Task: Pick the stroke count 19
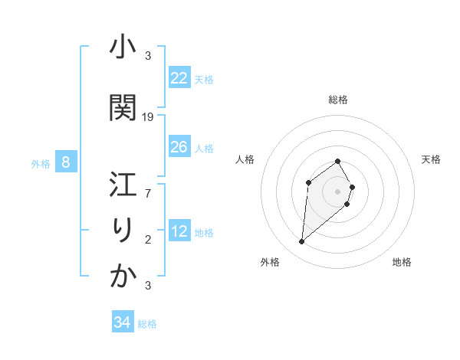pyautogui.click(x=149, y=117)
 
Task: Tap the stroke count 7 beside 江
pyautogui.click(x=149, y=194)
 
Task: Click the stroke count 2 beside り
pyautogui.click(x=149, y=240)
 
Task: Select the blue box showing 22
pyautogui.click(x=179, y=78)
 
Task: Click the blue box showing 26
pyautogui.click(x=179, y=147)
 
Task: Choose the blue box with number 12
pyautogui.click(x=179, y=231)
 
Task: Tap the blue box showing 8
pyautogui.click(x=66, y=162)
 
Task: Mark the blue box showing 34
pyautogui.click(x=122, y=322)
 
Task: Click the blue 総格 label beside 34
pyautogui.click(x=147, y=324)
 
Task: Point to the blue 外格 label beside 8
pyautogui.click(x=40, y=163)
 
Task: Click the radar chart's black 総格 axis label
pyautogui.click(x=338, y=100)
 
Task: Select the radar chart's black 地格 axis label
pyautogui.click(x=402, y=262)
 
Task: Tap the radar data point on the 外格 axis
pyautogui.click(x=302, y=242)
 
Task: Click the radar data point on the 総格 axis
pyautogui.click(x=338, y=161)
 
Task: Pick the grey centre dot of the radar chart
pyautogui.click(x=338, y=191)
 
